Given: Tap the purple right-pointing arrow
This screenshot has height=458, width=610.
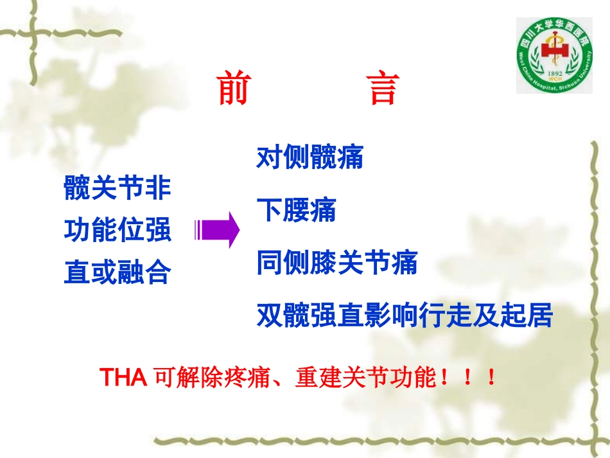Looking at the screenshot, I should point(216,229).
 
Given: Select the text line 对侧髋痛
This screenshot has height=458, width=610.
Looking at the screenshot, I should point(309,157).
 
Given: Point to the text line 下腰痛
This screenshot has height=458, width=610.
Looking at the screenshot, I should point(296,210).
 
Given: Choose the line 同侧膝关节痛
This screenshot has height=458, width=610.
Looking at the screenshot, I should point(336,263).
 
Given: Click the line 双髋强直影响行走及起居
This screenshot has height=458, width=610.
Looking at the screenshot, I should point(404,315).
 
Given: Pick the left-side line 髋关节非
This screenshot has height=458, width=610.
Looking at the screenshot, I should point(118,188).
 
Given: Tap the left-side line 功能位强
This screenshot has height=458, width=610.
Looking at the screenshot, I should point(118,230).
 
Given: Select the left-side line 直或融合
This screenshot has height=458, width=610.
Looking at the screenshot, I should point(118,273).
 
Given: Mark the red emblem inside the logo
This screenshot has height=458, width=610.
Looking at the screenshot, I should point(553,53).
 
